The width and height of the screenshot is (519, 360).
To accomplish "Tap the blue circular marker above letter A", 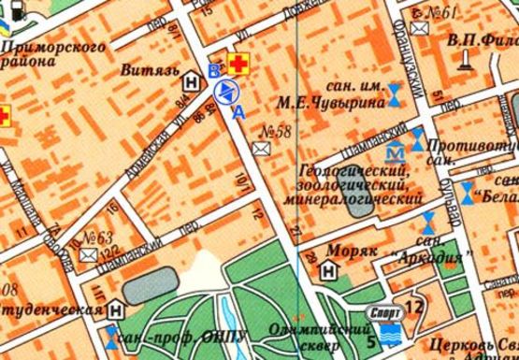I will tap(226, 92).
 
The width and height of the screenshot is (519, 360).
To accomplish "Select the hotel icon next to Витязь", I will tap(192, 81).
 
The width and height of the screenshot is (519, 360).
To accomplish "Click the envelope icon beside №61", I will tap(422, 30).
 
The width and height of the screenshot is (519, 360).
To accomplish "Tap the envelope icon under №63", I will tap(88, 254).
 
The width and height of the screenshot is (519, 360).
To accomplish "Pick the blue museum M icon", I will tap(396, 149).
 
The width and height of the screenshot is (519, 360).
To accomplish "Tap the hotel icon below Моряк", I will tap(329, 271).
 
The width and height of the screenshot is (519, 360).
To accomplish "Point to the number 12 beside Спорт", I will tap(414, 306).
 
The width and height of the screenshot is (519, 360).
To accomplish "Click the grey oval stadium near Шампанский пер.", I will tap(147, 279).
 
